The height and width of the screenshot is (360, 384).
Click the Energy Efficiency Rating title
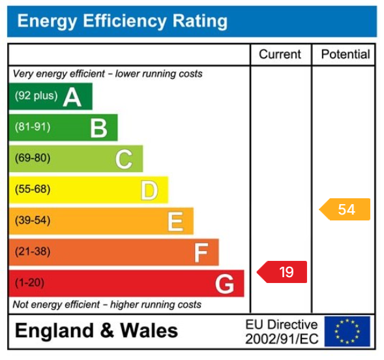pos(122,22)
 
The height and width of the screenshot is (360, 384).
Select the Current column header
pos(280,55)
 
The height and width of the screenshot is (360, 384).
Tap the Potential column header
pos(345,55)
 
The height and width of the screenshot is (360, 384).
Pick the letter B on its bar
pos(98,128)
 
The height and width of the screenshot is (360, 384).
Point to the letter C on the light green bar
pos(124,159)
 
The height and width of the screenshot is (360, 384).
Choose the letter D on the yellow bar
pos(149,190)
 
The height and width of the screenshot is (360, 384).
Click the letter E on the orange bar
pos(175,222)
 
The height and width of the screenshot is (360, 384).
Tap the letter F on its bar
pos(201,252)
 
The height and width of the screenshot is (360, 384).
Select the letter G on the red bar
pos(225,284)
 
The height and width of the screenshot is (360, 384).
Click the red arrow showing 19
pos(283,272)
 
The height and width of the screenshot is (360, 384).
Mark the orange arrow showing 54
pos(345,209)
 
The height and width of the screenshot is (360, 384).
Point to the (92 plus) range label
pos(37,96)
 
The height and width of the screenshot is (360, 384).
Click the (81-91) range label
pos(33,127)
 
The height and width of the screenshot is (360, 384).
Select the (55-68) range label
pos(33,190)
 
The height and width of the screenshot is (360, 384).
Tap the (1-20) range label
pos(30,284)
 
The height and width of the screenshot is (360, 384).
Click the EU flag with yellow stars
pos(347,331)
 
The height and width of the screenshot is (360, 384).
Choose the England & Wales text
pos(96,331)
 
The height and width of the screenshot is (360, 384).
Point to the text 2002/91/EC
pos(282,339)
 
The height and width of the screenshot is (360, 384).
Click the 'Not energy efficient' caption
pos(107,305)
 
